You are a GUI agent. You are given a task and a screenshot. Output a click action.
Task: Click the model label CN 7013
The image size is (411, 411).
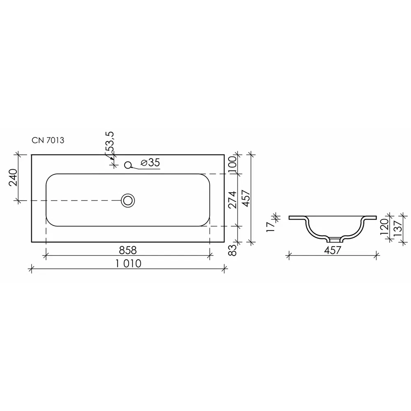point(48,141)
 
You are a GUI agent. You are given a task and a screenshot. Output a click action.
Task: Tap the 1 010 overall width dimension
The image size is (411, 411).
point(128,263)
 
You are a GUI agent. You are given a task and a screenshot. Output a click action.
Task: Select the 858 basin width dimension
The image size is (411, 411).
point(128,250)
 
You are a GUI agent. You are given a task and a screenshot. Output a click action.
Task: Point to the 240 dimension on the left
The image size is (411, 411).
point(13,178)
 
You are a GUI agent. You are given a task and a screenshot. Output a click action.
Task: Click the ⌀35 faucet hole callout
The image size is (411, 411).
point(150,162)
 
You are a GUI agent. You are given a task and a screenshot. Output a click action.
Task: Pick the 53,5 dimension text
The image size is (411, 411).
point(110,142)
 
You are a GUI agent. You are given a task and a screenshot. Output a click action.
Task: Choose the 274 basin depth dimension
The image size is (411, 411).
point(232,200)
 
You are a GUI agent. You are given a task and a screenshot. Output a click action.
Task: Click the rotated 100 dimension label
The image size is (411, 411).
point(232,164)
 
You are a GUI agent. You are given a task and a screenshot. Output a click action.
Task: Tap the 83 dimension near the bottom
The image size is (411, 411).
point(232,250)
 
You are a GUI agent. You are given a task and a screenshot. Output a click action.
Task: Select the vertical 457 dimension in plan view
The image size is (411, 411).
point(246,199)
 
